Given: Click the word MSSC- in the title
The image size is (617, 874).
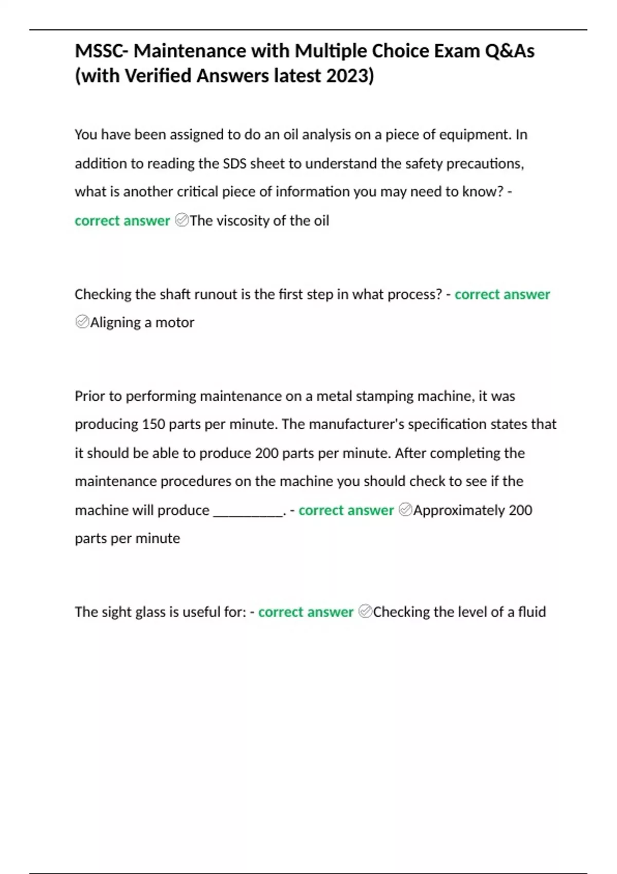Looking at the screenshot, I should coord(102,51).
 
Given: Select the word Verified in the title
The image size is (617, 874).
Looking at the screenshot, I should coord(158,76).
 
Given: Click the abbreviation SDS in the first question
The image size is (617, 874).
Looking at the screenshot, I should coord(234,163).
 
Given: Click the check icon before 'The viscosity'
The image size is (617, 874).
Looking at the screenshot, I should coord(182,221).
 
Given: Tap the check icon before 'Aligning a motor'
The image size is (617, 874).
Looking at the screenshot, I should coord(82,322).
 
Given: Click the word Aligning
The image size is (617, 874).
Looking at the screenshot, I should coord(115,323).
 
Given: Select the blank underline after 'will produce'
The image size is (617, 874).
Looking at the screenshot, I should coord(248,511).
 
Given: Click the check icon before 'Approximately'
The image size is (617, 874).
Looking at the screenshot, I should coord(405,510).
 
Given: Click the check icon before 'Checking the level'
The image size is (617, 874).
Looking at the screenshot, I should coord(365,612).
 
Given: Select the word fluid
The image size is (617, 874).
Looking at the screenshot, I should coord(532,612).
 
